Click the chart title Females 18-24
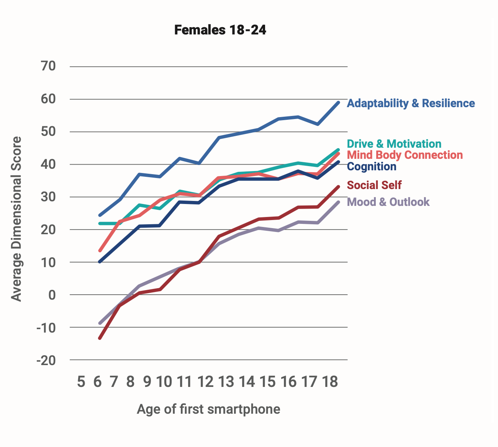coord(220,30)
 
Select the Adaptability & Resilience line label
coord(411,103)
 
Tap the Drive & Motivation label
coord(394,144)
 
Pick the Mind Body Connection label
coord(405,155)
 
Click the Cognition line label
coord(371,166)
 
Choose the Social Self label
coord(374,185)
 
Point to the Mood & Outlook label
coord(388,202)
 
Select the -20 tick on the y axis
coord(46,360)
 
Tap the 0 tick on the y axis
coord(52,295)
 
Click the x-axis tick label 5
coord(81,382)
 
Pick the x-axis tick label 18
coord(330,382)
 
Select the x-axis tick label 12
coord(205,382)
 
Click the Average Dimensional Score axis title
coord(16,219)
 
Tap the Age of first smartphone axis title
coord(208,409)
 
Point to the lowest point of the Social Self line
coord(100,338)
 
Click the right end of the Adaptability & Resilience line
coord(338,103)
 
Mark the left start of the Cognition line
coord(100,262)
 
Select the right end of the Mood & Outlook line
coord(338,202)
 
